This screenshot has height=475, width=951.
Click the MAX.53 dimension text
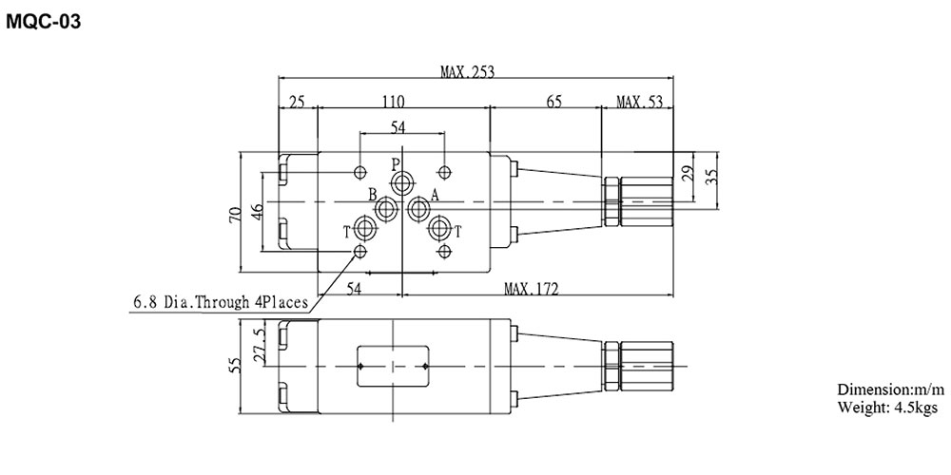tap(638, 101)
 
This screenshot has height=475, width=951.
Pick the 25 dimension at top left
tap(297, 101)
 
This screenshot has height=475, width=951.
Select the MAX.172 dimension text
tap(530, 288)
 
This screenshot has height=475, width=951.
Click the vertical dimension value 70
tap(235, 215)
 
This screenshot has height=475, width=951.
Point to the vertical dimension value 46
tap(257, 211)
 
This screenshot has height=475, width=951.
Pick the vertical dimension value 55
tap(235, 365)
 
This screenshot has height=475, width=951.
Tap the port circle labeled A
tap(418, 208)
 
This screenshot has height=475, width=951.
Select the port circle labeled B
tap(387, 209)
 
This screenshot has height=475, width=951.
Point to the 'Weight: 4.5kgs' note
tap(887, 408)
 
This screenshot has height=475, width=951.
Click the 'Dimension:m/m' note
tap(890, 390)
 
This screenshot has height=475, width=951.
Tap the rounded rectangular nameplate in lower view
tap(393, 366)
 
